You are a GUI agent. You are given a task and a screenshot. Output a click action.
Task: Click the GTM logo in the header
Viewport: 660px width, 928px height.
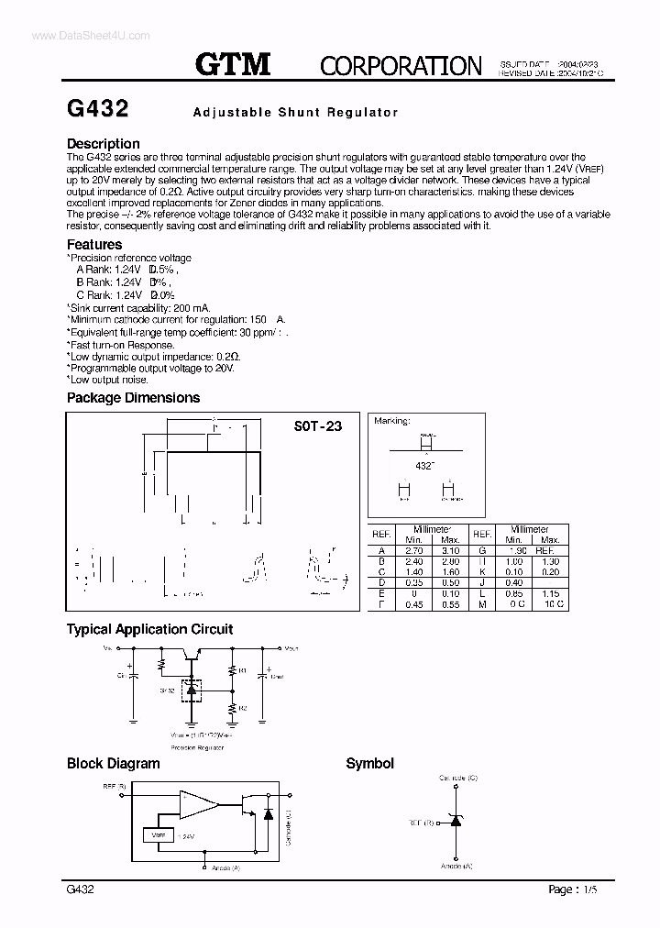click(233, 64)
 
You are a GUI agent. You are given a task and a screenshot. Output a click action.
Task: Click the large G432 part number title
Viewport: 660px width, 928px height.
click(98, 110)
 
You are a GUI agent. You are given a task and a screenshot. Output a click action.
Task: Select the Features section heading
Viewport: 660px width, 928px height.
click(94, 245)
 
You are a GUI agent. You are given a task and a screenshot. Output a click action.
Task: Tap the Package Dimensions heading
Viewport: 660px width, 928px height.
click(133, 398)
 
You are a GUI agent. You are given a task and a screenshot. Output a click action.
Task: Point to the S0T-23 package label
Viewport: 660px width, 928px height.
click(318, 426)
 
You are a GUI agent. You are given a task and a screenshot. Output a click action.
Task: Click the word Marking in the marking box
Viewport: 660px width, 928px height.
click(390, 421)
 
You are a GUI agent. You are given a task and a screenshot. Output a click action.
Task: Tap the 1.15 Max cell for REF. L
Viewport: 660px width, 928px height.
click(550, 593)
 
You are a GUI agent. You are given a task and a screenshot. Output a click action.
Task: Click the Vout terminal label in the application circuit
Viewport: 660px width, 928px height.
click(291, 648)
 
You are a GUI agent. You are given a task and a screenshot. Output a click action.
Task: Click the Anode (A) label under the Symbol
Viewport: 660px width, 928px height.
click(456, 866)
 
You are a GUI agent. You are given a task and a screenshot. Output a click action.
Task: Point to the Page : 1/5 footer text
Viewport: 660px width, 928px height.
click(577, 889)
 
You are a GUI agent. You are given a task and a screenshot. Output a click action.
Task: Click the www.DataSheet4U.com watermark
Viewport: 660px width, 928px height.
click(78, 34)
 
